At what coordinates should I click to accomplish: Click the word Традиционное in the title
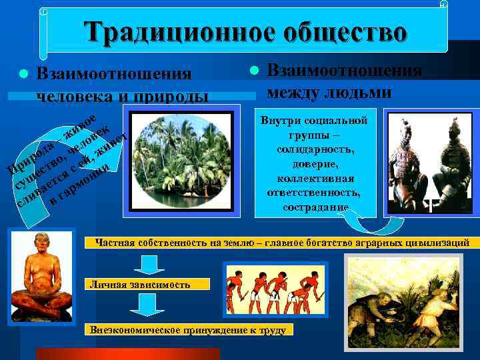tap(171, 31)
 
